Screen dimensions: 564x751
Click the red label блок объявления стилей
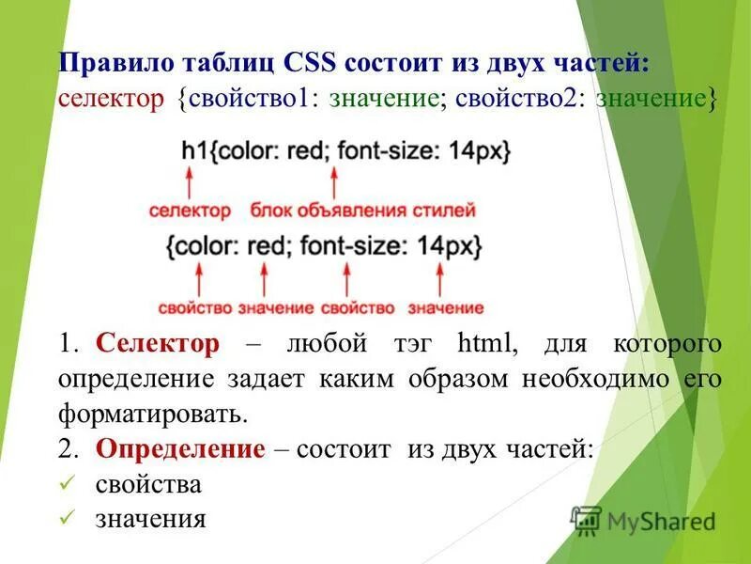point(362,211)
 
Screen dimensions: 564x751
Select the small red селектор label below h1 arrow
point(190,211)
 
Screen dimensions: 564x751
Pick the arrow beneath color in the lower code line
point(198,280)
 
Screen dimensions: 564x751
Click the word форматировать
point(153,414)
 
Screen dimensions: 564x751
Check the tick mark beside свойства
point(66,484)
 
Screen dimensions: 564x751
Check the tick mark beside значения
point(66,518)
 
